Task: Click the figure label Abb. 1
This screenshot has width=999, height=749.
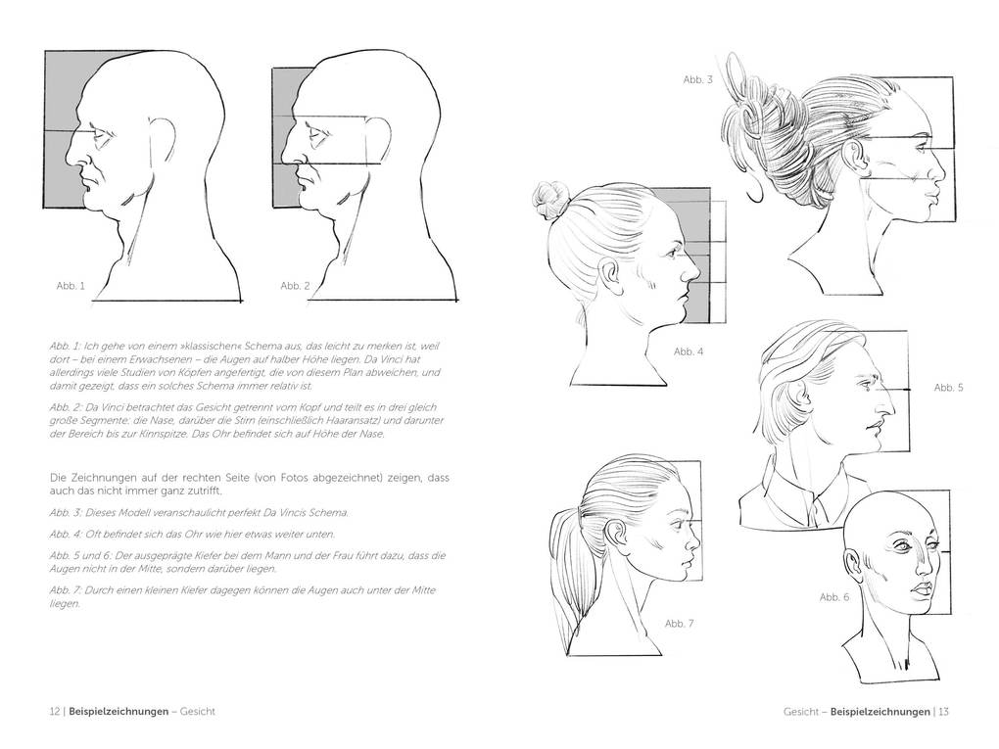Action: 71,286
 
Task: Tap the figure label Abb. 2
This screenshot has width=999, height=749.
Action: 295,286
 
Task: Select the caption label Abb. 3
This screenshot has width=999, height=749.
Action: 697,78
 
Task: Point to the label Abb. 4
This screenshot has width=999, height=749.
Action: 689,351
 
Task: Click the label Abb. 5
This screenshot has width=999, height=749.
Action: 948,388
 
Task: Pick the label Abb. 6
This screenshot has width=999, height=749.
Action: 834,596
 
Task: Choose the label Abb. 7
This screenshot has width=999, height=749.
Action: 679,623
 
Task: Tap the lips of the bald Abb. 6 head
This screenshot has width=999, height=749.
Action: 922,589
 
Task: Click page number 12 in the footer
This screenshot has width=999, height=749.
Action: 55,712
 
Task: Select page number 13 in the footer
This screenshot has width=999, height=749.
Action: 944,712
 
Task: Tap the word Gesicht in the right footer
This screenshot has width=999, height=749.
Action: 802,712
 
